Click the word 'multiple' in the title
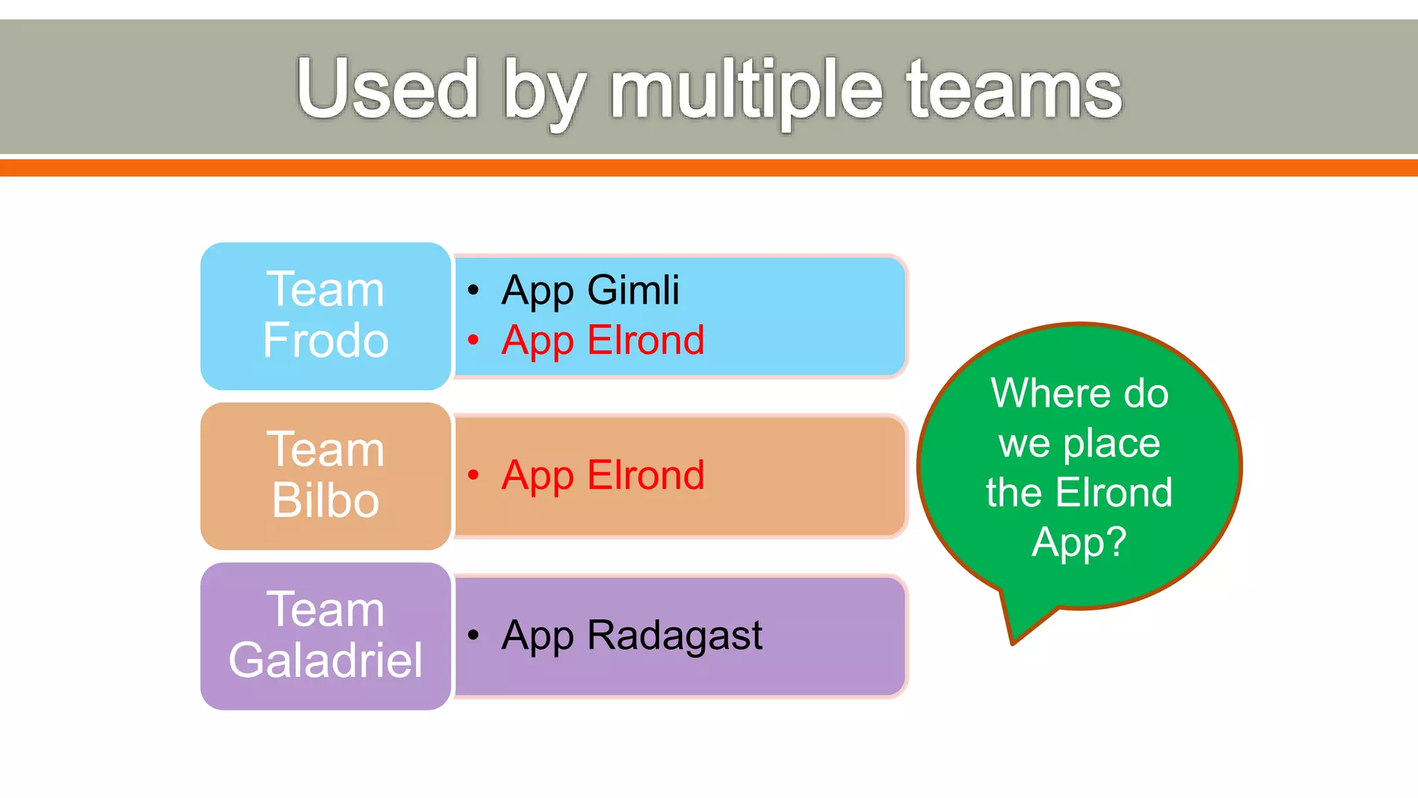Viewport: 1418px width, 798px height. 746,90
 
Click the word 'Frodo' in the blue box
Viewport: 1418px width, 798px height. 325,340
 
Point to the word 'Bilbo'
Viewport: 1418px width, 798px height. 325,500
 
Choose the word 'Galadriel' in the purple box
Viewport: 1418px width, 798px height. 325,660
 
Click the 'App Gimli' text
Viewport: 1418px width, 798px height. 590,290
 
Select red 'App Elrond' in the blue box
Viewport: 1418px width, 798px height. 602,340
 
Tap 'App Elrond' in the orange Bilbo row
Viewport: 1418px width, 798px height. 602,475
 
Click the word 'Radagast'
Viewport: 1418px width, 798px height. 674,635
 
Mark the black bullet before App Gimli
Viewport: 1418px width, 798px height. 474,290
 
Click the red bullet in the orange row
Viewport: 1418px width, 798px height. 474,475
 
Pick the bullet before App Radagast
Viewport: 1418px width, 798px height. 474,635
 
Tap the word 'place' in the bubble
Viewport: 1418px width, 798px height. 1111,444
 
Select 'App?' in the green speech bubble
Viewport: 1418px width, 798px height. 1079,542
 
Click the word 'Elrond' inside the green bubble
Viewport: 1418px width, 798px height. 1114,493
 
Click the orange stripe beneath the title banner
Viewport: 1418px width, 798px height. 709,168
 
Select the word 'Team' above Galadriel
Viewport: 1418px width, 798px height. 325,610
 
